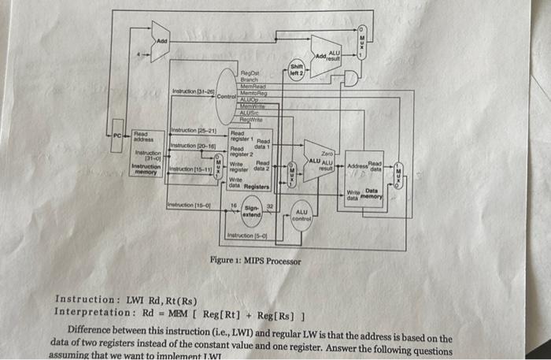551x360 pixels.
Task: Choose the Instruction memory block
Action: click(145, 154)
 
